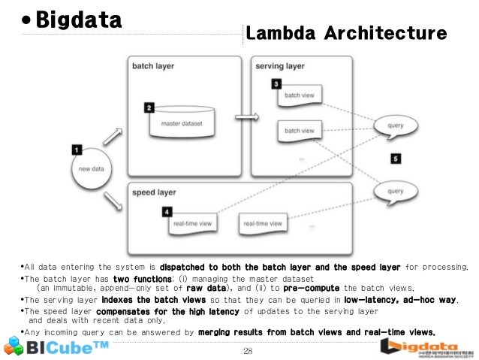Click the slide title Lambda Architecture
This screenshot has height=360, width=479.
coord(346,33)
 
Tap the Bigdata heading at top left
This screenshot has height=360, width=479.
coord(79,20)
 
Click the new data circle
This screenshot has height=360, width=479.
coord(92,168)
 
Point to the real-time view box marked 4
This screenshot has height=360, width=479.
coord(194,223)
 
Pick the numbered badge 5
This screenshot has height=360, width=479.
coord(396,159)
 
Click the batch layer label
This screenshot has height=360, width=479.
coord(153,65)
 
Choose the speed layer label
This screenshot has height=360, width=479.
coord(155,192)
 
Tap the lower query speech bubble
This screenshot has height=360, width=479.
coord(396,191)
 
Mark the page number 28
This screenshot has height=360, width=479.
coord(249,351)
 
